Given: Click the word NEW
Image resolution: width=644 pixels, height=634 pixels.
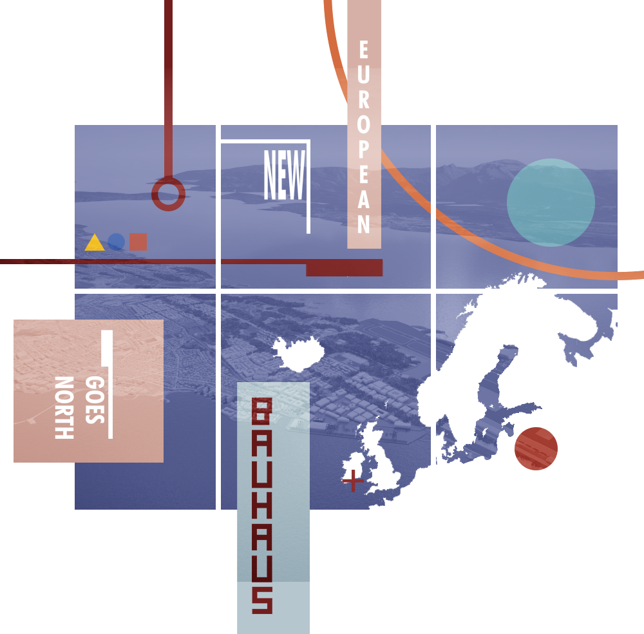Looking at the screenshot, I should coord(284,175).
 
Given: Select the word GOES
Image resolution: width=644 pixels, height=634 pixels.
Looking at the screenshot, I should coord(94,399).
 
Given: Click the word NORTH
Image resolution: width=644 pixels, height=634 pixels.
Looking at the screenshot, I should coord(64,407).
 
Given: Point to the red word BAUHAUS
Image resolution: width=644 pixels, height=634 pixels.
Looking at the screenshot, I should coord(262,505).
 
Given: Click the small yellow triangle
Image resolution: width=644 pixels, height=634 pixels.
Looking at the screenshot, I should coord(94,244).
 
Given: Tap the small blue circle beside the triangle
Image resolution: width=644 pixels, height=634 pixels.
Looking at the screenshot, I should coord(116,242).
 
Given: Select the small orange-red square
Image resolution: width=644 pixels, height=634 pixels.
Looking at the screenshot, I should coord(138,242).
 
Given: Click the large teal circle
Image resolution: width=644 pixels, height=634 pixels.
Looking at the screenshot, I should coord(551,202).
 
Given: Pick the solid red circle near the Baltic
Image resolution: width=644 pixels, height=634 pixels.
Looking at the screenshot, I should coord(536,448).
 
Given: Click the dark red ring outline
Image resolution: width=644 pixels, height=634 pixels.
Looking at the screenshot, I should coord(168,193).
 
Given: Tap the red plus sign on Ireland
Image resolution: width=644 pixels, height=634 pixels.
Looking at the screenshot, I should coord(352,481).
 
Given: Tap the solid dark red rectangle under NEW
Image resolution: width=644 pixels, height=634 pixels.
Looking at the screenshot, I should coord(344,267).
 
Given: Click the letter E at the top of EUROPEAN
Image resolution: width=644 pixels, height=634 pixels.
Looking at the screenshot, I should coord(363,50).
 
